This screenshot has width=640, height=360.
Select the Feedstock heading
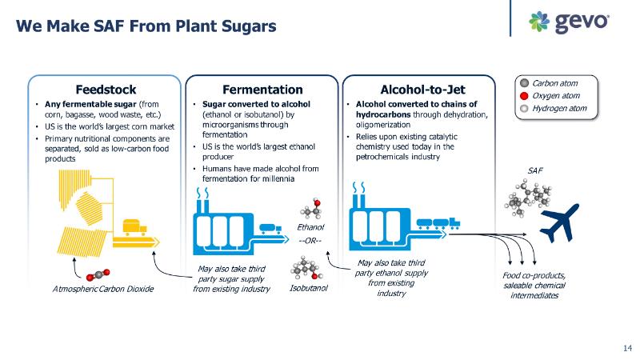click(x=106, y=89)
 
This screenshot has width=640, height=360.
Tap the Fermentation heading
click(x=262, y=89)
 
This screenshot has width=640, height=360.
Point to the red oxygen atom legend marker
click(x=524, y=95)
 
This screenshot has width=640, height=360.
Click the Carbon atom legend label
click(x=554, y=82)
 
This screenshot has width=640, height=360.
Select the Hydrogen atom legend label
click(x=559, y=108)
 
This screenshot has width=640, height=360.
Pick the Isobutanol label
click(x=309, y=288)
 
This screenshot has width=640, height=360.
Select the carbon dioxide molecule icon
click(x=103, y=274)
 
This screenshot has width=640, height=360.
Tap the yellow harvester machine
click(x=132, y=232)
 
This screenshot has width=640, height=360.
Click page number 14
click(x=626, y=347)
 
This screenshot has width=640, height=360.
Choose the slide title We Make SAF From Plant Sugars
click(x=146, y=26)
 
